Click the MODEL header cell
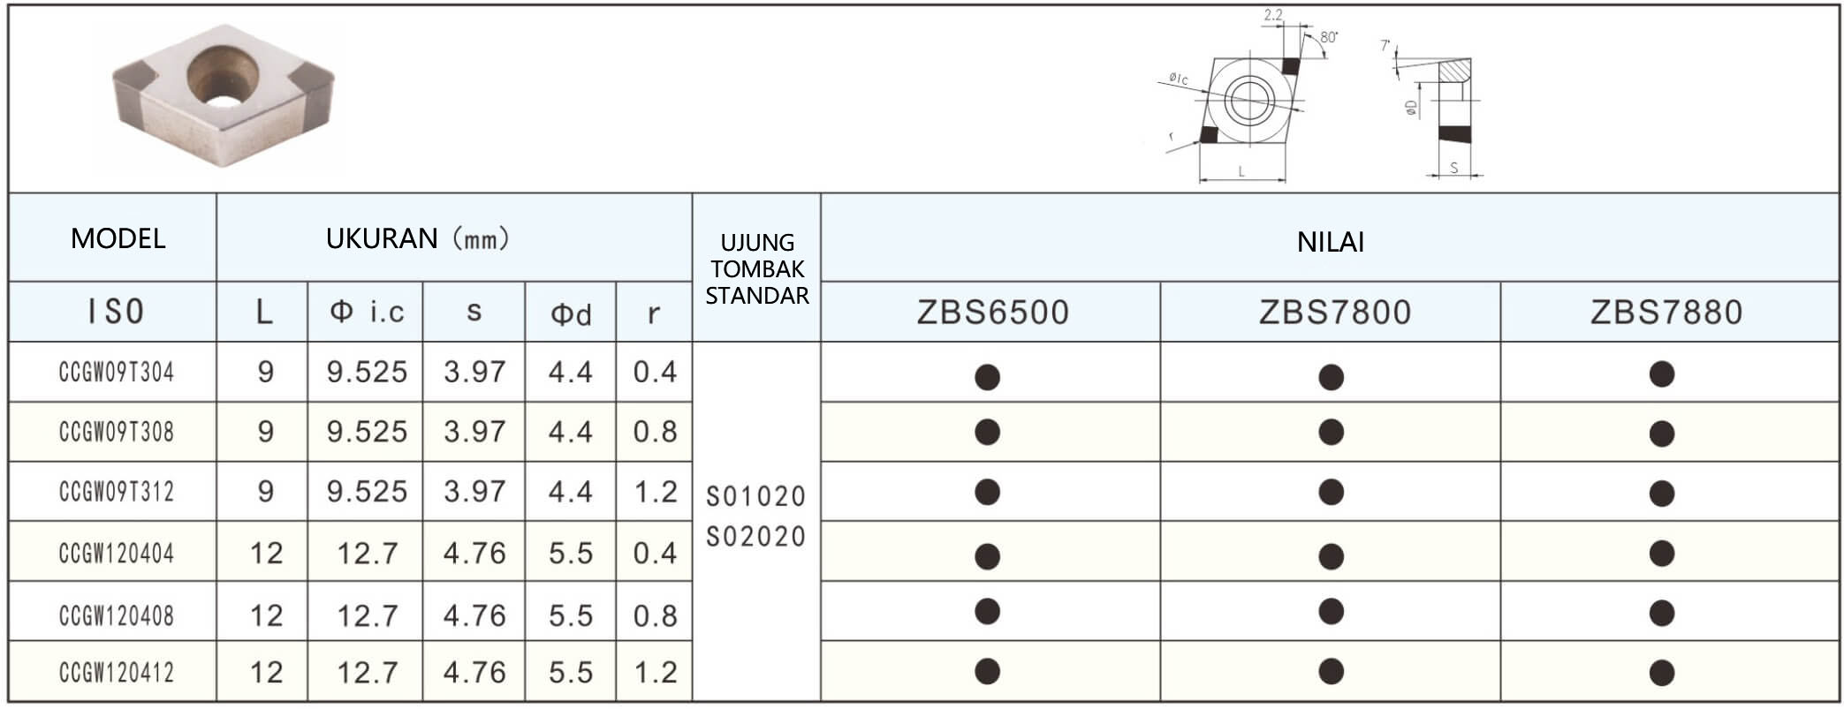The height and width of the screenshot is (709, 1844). pos(118,238)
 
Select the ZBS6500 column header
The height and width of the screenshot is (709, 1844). pos(992,313)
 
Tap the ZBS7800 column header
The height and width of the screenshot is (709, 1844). pos(1334,313)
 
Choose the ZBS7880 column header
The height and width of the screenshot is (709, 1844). pos(1666,313)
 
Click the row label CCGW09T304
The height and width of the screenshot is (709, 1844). pos(117,373)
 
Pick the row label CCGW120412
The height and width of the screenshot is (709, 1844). pos(117,673)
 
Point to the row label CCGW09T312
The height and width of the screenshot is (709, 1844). pos(117,492)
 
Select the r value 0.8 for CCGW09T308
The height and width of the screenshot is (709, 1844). pos(655,432)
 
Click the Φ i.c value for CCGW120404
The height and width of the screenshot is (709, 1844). pos(367,554)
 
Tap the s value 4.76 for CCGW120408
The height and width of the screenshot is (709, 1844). pos(474,615)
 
